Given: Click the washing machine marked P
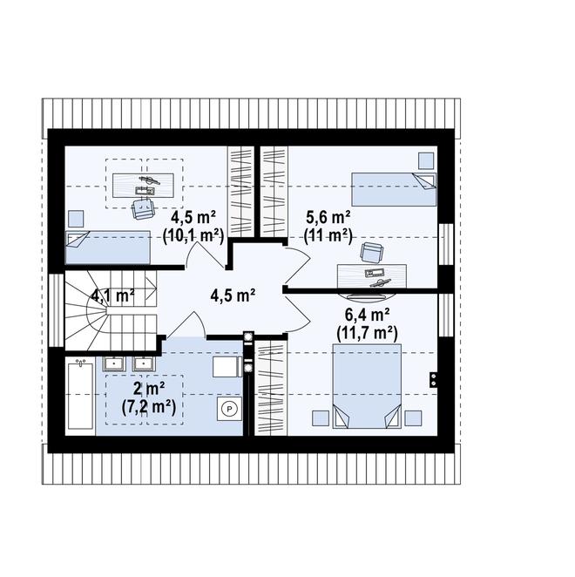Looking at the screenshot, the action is click(x=229, y=409).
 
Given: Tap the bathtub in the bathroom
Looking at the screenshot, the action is click(x=80, y=395).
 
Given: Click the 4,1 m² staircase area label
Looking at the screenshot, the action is click(x=112, y=295).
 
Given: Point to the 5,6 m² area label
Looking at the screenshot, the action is click(x=328, y=218).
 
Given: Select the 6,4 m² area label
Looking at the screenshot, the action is click(x=367, y=315).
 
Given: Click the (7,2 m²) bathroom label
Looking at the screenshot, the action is click(x=149, y=407).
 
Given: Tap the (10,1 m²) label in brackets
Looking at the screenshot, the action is click(x=193, y=236).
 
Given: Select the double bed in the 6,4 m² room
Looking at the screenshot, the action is click(x=367, y=386).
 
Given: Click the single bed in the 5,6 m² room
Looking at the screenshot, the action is click(x=394, y=189).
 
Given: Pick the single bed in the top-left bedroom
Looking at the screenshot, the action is click(x=108, y=248).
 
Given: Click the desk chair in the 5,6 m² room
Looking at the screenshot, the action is click(x=371, y=253).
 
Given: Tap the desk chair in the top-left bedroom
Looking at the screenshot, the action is click(x=142, y=209).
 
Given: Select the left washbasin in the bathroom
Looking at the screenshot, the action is click(x=114, y=364).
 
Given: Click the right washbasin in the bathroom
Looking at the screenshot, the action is click(x=145, y=364).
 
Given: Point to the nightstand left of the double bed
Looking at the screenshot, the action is click(x=321, y=418).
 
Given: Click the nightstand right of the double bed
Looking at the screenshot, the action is click(x=413, y=418).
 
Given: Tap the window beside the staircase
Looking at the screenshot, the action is click(x=57, y=310).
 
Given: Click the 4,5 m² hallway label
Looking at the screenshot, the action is click(x=233, y=295).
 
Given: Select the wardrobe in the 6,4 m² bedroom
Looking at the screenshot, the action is click(x=271, y=388).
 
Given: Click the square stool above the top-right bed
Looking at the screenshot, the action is click(x=426, y=160).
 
